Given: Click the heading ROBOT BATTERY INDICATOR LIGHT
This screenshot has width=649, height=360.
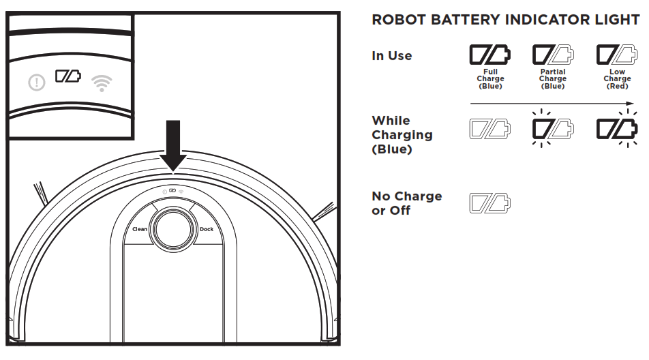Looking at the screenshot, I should click(504, 20).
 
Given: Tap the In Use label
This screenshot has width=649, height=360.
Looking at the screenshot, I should click(391, 56).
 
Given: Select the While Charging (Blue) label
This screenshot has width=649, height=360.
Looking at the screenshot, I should click(402, 134).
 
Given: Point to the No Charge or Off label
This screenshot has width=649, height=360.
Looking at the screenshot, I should click(406, 203).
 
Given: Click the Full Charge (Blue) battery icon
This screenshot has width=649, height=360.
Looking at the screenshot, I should click(490, 55).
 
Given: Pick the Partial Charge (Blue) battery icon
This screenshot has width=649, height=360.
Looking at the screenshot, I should click(552, 55).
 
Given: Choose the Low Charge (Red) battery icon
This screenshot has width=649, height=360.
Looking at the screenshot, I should click(616, 55).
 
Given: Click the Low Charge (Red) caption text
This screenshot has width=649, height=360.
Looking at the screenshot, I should click(616, 79).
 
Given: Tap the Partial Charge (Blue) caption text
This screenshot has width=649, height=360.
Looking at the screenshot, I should click(552, 79).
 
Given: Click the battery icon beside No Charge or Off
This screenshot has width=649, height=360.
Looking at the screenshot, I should click(489, 202).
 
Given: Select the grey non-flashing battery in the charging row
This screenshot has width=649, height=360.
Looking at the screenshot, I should click(489, 128).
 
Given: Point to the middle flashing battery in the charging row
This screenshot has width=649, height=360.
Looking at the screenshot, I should click(552, 128).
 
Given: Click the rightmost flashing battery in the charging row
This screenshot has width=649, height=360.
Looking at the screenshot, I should click(616, 128).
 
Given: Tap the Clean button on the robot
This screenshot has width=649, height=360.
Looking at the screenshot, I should click(140, 229).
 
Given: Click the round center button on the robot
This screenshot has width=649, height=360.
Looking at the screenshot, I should click(173, 229).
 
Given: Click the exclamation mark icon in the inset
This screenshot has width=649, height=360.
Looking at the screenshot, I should click(37, 83).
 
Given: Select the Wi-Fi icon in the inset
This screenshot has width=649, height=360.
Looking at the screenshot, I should click(102, 83).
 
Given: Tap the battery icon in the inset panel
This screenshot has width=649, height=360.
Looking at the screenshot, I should click(68, 75).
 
